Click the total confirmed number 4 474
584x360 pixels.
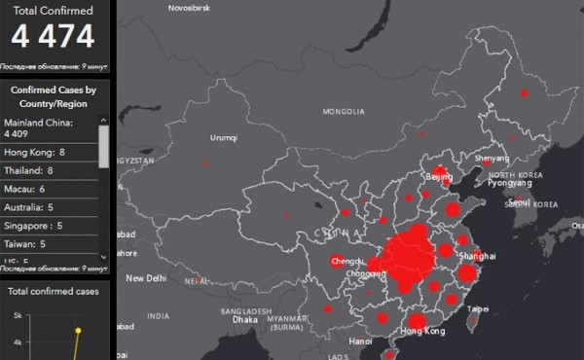tap(54, 37)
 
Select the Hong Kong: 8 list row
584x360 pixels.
tap(35, 153)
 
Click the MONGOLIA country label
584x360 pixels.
tap(343, 113)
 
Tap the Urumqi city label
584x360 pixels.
tap(224, 138)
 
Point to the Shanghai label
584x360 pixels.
tap(478, 255)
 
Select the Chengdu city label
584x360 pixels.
tap(347, 261)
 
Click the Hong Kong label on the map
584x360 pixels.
tap(420, 332)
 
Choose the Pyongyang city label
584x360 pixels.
tap(509, 182)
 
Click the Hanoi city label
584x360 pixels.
tap(360, 342)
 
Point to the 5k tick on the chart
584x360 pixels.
tap(18, 316)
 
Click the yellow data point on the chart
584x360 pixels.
tap(78, 330)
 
